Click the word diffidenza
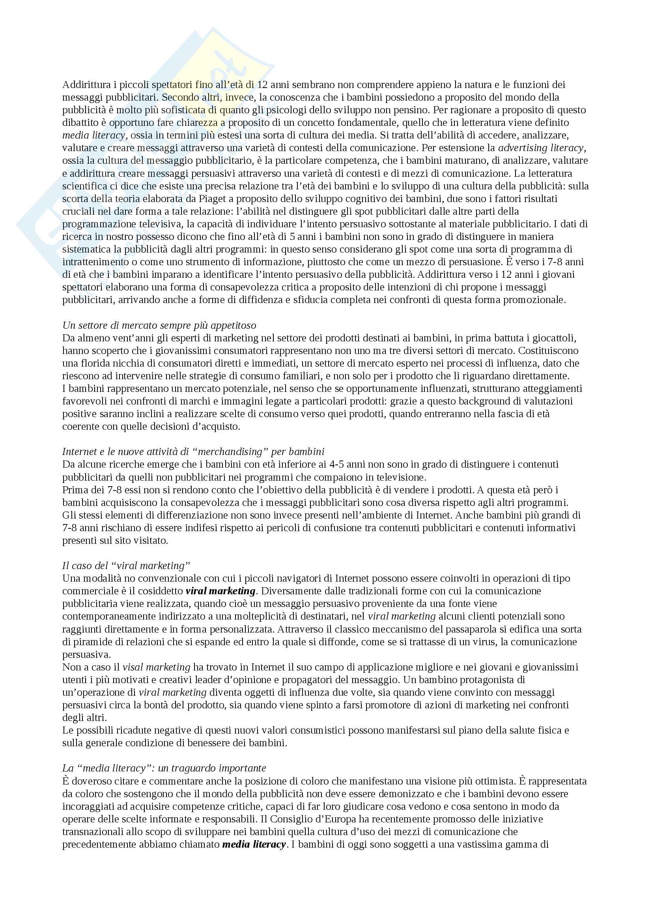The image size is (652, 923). click(254, 300)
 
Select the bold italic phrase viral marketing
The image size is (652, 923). click(220, 592)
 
